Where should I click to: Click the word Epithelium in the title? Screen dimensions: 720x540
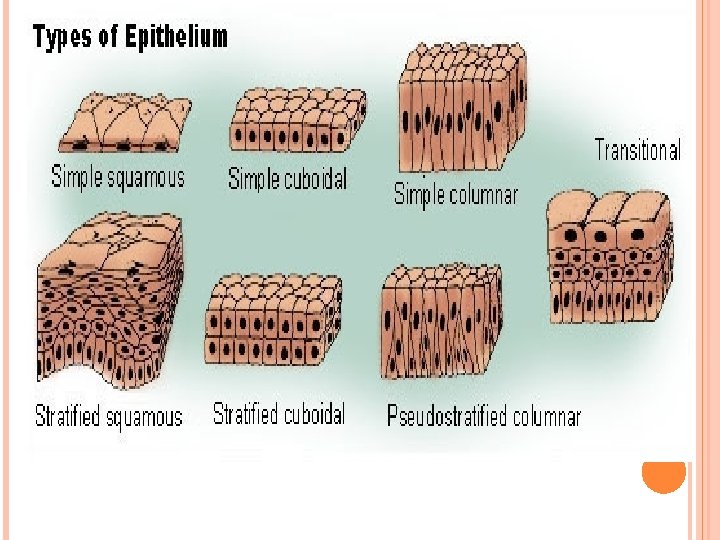tap(175, 39)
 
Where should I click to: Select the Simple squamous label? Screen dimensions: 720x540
tap(118, 178)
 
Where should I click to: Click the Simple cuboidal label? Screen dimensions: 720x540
tap(288, 180)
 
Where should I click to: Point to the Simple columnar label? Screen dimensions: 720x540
tap(456, 194)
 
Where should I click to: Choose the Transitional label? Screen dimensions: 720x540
tap(638, 151)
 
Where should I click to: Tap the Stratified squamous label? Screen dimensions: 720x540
tap(109, 416)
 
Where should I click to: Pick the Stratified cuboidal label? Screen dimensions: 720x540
tap(279, 413)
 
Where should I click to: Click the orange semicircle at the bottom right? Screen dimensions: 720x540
tap(663, 478)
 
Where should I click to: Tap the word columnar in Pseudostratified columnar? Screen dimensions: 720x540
tap(546, 417)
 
